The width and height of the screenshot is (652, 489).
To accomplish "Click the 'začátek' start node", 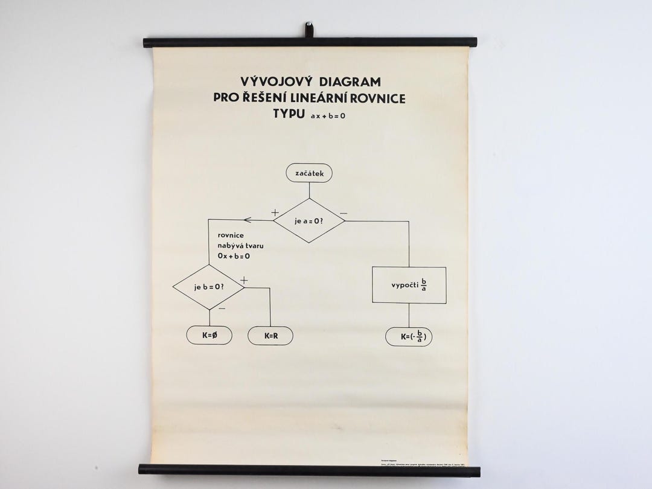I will point(309,173).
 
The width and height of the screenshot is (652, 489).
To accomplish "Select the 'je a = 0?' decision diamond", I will point(309,220).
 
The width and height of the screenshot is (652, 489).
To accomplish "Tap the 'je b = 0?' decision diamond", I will point(208,287).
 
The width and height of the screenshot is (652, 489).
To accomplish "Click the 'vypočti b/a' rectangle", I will point(409,285).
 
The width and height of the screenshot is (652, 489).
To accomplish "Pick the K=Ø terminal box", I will point(209,336).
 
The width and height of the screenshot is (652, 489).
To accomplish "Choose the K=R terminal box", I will point(270,336).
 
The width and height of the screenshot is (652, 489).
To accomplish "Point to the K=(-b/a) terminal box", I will point(409,337).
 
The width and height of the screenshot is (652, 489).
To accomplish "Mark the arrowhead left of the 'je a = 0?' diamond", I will point(248,220).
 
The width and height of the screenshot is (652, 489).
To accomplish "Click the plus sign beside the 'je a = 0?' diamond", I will point(275,213).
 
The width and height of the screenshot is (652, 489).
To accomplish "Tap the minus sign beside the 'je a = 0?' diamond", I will point(344,213).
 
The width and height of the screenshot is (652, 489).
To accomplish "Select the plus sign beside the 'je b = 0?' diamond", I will point(244,280).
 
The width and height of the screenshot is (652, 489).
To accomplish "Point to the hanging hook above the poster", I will point(309,29).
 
